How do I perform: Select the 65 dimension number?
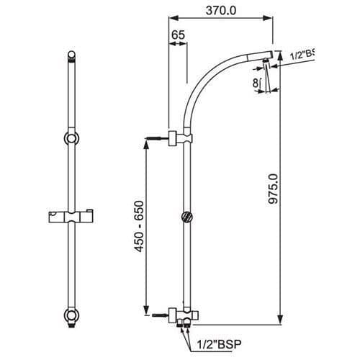[178, 35]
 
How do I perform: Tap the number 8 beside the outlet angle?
[256, 83]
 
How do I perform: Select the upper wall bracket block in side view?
[175, 138]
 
